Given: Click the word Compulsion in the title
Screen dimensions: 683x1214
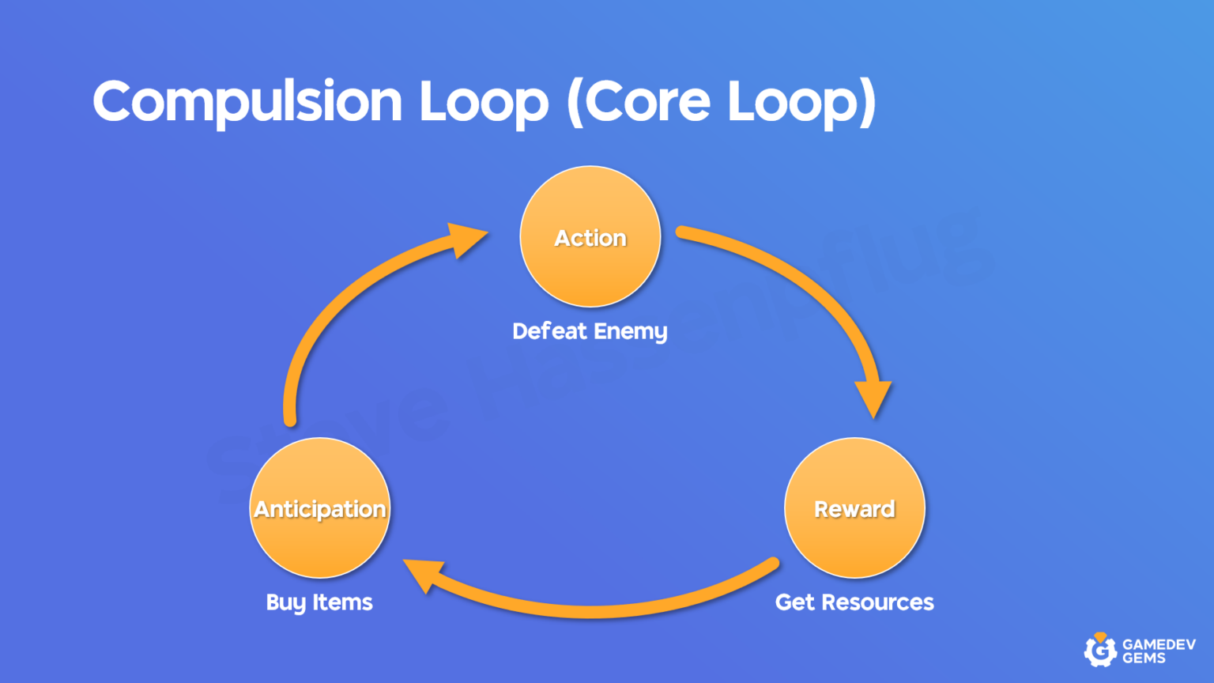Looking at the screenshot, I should tap(247, 102).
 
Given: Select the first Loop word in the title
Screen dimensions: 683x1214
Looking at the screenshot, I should tap(483, 102).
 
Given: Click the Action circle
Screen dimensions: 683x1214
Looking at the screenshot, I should tap(590, 236).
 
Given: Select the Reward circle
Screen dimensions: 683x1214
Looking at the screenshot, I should tap(854, 508).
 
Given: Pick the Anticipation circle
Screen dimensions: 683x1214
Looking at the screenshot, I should tap(319, 508).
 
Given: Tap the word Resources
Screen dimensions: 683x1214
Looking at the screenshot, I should tap(877, 602).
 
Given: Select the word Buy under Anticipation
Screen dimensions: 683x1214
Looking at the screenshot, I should tap(285, 603).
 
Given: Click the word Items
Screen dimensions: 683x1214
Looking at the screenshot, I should tap(342, 602).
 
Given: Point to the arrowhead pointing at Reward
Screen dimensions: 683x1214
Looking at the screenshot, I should tap(873, 398).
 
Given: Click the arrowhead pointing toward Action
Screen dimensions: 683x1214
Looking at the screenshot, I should tap(466, 238).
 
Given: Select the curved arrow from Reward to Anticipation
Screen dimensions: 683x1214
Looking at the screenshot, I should tap(593, 609).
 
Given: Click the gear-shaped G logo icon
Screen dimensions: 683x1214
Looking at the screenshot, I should tap(1099, 650).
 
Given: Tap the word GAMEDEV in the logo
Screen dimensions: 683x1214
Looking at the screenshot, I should tap(1159, 644).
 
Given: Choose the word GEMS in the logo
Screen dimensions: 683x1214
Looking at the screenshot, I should tap(1144, 658).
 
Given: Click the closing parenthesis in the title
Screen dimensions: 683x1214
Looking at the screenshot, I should tap(867, 102).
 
